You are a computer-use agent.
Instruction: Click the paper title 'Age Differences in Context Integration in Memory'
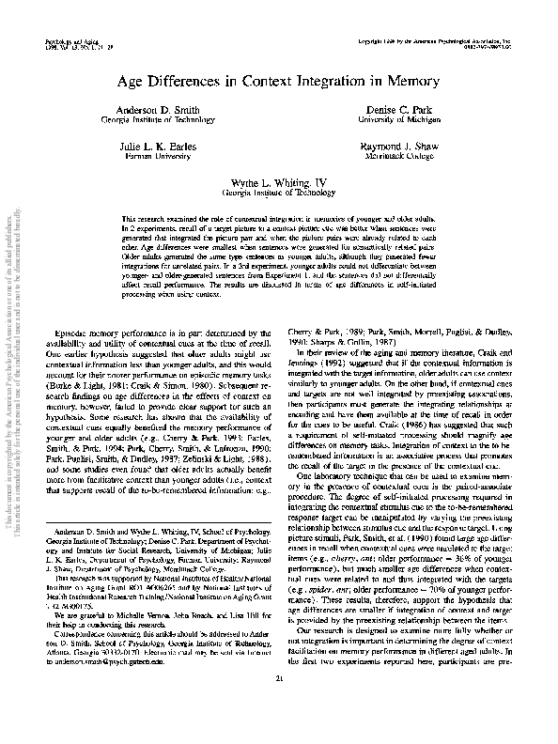(278, 83)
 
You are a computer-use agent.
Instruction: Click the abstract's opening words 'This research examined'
(156, 217)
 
